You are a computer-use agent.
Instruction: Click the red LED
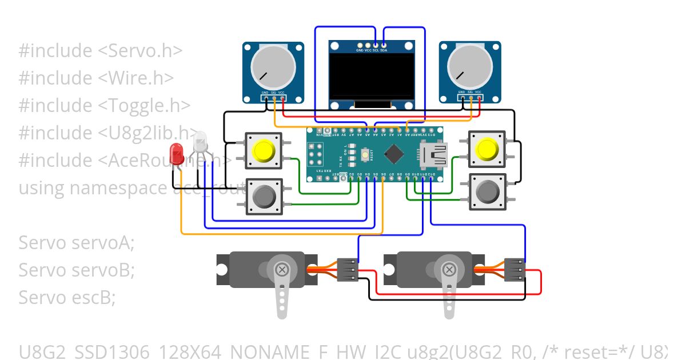(x=177, y=153)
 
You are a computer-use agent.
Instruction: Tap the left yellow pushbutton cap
(x=264, y=150)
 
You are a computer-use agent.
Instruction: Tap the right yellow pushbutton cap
(x=486, y=149)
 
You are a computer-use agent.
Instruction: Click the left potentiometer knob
(x=273, y=67)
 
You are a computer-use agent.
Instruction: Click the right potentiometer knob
(x=470, y=67)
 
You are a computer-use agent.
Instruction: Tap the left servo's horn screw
(x=282, y=269)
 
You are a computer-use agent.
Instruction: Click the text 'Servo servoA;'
(x=76, y=243)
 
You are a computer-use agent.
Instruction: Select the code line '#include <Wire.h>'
(x=95, y=78)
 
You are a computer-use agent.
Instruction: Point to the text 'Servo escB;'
(x=67, y=297)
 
